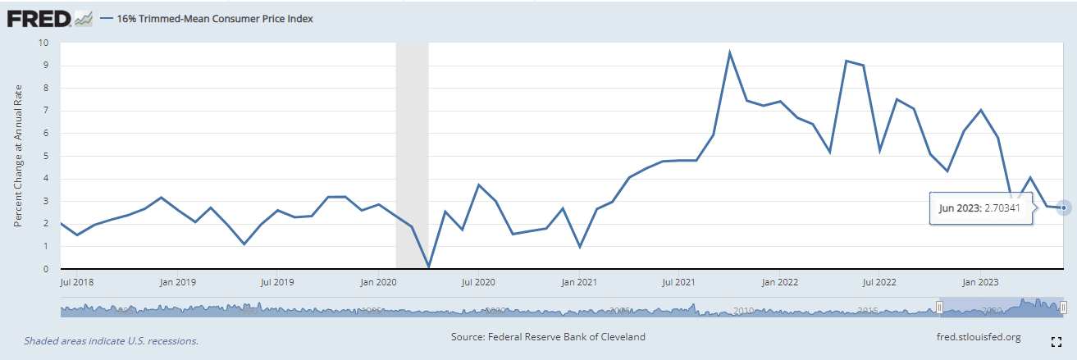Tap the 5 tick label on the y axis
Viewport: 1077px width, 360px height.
tap(46, 156)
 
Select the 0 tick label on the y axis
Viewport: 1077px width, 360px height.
tap(46, 269)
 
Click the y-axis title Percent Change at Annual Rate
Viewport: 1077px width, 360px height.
tap(17, 157)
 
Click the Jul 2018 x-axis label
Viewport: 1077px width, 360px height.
tap(76, 283)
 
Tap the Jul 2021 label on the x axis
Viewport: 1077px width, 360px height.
tap(679, 283)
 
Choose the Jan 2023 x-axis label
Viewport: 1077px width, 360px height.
tap(979, 283)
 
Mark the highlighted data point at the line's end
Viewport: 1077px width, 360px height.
tap(1064, 207)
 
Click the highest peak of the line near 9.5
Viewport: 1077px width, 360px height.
tap(729, 53)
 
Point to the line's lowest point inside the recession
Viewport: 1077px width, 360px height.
tap(429, 266)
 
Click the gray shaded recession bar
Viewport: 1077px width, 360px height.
tap(412, 156)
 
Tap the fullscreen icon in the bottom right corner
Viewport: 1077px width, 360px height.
tap(1056, 340)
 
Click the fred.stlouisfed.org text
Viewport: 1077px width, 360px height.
tap(978, 337)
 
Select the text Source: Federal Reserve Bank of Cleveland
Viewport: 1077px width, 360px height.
tap(548, 337)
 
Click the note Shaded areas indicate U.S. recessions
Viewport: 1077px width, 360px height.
tap(111, 340)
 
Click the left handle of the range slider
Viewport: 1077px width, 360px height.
tap(940, 308)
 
